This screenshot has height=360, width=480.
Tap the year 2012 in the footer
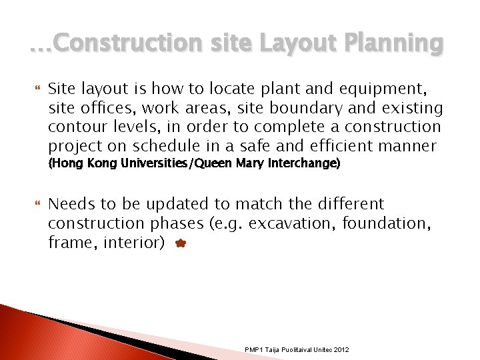[341, 349]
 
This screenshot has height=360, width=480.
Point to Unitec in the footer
[319, 349]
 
